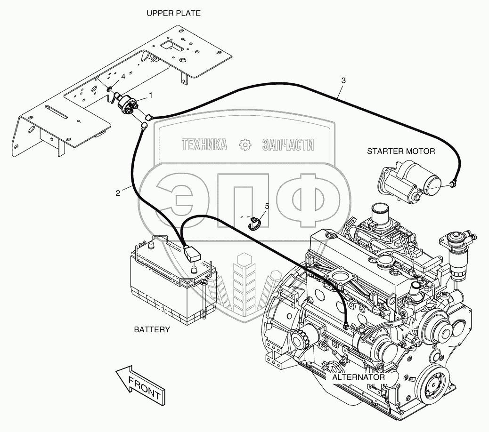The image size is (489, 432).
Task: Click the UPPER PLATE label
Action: tap(173, 13)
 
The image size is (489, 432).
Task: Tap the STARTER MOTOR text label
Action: tap(401, 151)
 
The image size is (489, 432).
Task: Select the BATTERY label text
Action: tap(152, 329)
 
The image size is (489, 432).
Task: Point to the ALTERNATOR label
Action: tap(358, 377)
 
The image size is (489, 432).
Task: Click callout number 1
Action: tap(150, 95)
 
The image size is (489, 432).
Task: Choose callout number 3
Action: tap(343, 80)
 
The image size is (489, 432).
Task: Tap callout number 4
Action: tap(123, 76)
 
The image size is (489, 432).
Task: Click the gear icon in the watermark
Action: tap(244, 145)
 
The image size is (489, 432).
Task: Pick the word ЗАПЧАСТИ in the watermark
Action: tap(287, 145)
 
